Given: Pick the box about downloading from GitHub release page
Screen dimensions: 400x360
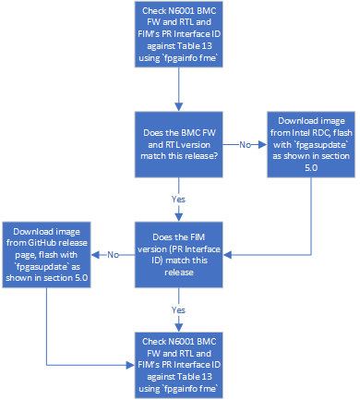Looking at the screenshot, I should click(x=47, y=254).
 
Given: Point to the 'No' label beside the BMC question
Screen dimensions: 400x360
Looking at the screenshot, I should click(x=246, y=144).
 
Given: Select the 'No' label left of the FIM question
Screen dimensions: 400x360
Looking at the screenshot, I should click(x=112, y=255).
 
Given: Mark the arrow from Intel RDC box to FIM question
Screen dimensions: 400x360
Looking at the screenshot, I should click(x=310, y=222).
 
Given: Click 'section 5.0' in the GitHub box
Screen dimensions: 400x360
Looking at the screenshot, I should click(x=59, y=281).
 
